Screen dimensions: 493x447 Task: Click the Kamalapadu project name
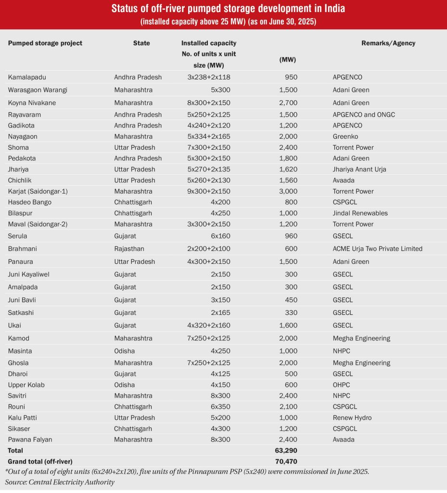click(27, 77)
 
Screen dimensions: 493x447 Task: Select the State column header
click(141, 43)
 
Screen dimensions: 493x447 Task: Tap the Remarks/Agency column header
click(388, 43)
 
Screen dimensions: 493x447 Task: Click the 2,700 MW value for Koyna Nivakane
click(288, 103)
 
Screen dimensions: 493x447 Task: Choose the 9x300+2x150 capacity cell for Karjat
click(209, 191)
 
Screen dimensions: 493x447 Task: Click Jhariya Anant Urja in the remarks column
click(359, 169)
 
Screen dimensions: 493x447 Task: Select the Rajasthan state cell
click(129, 249)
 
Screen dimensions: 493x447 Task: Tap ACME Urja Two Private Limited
click(377, 249)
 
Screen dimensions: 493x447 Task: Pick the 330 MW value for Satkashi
click(291, 312)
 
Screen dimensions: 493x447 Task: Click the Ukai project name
click(14, 325)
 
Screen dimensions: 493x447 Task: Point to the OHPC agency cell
click(341, 385)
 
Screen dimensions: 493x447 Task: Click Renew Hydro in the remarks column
click(352, 417)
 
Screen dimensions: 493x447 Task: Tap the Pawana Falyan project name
click(30, 439)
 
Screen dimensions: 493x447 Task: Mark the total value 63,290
click(287, 451)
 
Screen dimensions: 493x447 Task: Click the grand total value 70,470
click(287, 461)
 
